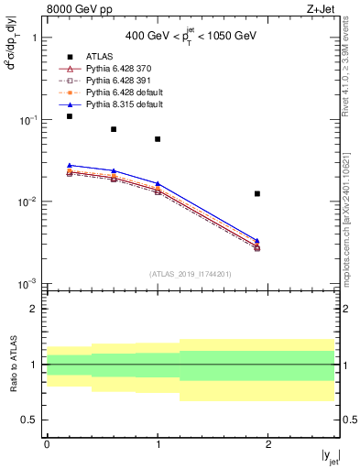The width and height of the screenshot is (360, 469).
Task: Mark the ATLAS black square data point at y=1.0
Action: (158, 139)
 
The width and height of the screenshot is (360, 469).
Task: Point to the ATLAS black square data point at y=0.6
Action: (114, 129)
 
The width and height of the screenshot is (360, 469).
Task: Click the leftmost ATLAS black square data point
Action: (70, 116)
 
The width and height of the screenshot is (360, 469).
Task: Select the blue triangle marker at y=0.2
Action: (70, 165)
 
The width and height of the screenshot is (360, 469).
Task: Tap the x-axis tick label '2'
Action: (268, 444)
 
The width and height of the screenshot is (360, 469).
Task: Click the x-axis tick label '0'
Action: (47, 444)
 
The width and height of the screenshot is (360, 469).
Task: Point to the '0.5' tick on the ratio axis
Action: (32, 420)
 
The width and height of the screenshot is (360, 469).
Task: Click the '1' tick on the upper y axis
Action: (35, 38)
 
